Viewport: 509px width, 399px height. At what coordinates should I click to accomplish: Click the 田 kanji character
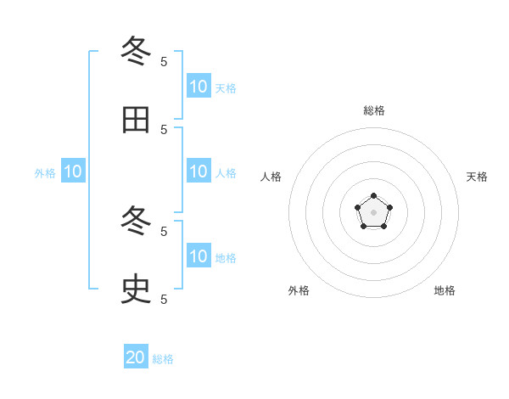(136, 120)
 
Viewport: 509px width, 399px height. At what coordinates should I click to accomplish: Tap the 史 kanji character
(136, 289)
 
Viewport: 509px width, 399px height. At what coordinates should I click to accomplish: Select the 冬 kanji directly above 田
(136, 52)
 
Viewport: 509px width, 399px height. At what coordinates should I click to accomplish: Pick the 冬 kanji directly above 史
(136, 222)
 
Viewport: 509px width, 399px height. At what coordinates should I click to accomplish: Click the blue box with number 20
(136, 357)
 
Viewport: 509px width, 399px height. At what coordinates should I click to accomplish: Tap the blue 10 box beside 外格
(73, 171)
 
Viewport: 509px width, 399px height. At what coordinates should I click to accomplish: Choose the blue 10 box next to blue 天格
(199, 87)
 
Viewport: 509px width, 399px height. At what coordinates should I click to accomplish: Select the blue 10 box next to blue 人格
(199, 171)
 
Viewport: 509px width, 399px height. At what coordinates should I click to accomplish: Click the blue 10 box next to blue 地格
(199, 256)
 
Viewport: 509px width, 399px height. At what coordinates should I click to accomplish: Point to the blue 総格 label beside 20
(163, 359)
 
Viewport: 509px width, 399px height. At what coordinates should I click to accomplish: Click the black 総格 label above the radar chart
(374, 110)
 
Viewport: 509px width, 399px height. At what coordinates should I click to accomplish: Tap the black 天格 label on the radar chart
(477, 177)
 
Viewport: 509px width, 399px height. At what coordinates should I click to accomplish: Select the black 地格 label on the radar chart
(445, 290)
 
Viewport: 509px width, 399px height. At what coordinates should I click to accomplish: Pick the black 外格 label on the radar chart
(299, 290)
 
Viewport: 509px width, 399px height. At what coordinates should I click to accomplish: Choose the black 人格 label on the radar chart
(271, 177)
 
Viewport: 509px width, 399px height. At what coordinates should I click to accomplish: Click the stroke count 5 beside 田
(164, 129)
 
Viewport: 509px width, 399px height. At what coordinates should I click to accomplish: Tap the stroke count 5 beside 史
(164, 299)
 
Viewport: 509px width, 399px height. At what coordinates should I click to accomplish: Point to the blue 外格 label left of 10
(45, 173)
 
